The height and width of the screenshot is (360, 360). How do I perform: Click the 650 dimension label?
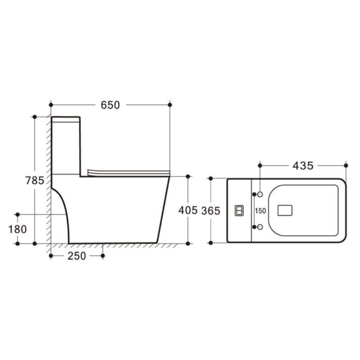pyautogui.click(x=110, y=105)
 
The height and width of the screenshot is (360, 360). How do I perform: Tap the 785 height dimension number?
pyautogui.click(x=35, y=180)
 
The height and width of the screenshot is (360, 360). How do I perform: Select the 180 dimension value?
pyautogui.click(x=17, y=229)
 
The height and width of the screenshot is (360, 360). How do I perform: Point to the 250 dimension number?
pyautogui.click(x=77, y=256)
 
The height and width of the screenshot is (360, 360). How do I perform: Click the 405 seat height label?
pyautogui.click(x=188, y=210)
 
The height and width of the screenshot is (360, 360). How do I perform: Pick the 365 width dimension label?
pyautogui.click(x=211, y=211)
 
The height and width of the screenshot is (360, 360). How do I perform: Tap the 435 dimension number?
pyautogui.click(x=303, y=166)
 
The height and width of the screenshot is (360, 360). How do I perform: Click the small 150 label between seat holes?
pyautogui.click(x=260, y=211)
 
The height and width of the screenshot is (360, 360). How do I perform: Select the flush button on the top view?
pyautogui.click(x=239, y=211)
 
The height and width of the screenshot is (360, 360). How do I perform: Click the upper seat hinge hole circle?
pyautogui.click(x=260, y=194)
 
